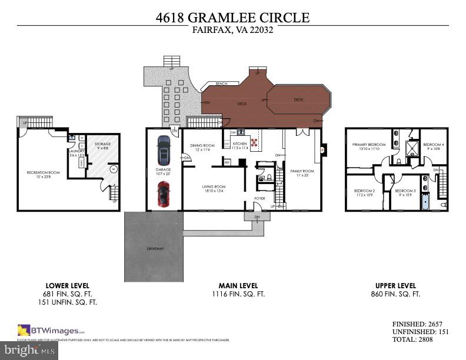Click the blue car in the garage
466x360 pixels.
coord(164,151)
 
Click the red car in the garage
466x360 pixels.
coord(164,195)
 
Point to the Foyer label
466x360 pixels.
coord(259,198)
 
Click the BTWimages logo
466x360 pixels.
coord(51,330)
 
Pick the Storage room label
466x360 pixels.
coord(103,145)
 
